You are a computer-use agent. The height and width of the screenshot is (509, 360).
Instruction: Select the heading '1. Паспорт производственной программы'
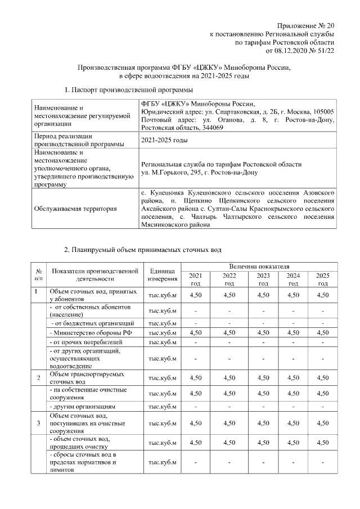(x=129, y=90)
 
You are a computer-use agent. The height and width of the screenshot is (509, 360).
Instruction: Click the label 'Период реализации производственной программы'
(x=79, y=140)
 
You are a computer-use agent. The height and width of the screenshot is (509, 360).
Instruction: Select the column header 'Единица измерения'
(x=163, y=275)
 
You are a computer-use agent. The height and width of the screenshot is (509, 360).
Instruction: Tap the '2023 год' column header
(x=263, y=280)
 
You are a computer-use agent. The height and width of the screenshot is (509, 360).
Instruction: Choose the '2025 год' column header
(x=322, y=280)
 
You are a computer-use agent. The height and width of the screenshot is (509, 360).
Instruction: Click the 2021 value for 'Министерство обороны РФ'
(x=196, y=333)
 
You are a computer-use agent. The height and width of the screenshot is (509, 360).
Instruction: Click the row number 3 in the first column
(x=38, y=422)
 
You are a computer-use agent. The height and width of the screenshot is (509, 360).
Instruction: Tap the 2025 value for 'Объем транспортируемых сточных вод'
(x=322, y=377)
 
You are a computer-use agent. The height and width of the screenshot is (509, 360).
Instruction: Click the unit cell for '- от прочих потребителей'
(x=163, y=341)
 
